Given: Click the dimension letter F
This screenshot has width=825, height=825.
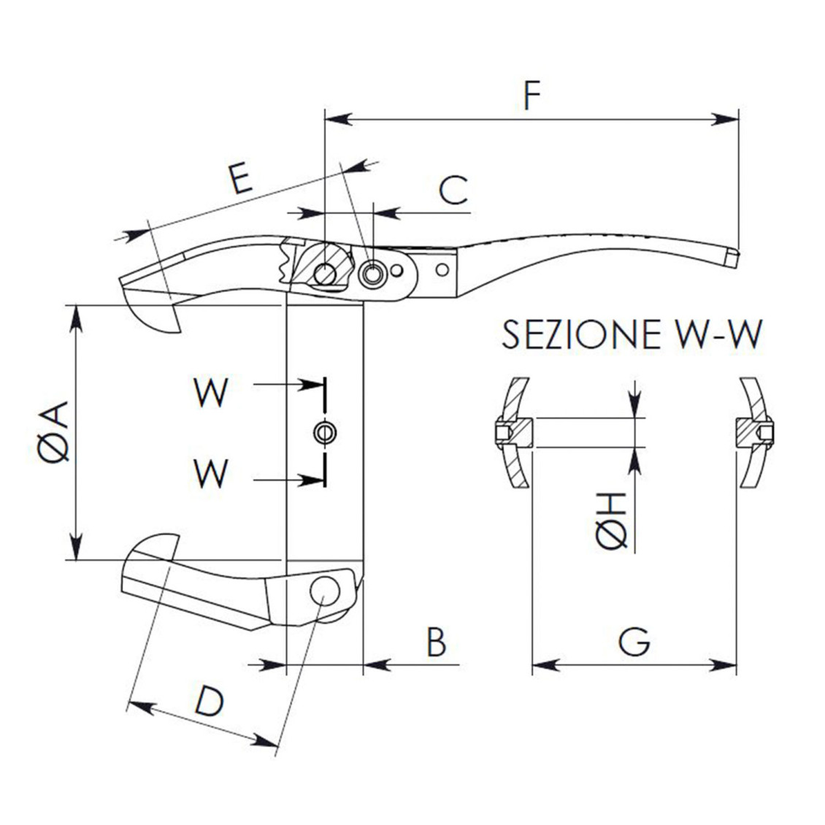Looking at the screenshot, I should click(534, 95).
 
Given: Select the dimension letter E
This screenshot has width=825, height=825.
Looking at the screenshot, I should click(239, 178).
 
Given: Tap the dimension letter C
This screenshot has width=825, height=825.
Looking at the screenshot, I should click(453, 190).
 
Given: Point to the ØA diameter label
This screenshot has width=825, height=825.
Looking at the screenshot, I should click(54, 431).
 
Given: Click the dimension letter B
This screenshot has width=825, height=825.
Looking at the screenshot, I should click(436, 642).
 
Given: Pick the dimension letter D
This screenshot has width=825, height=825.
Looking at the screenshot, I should click(208, 702).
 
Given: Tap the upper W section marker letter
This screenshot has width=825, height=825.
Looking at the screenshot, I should click(211, 394).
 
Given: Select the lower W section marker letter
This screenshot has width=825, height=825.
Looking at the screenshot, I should click(211, 473).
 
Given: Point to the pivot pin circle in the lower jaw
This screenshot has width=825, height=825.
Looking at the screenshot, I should click(324, 590).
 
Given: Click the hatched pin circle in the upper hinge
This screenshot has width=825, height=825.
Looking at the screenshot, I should click(325, 275).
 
